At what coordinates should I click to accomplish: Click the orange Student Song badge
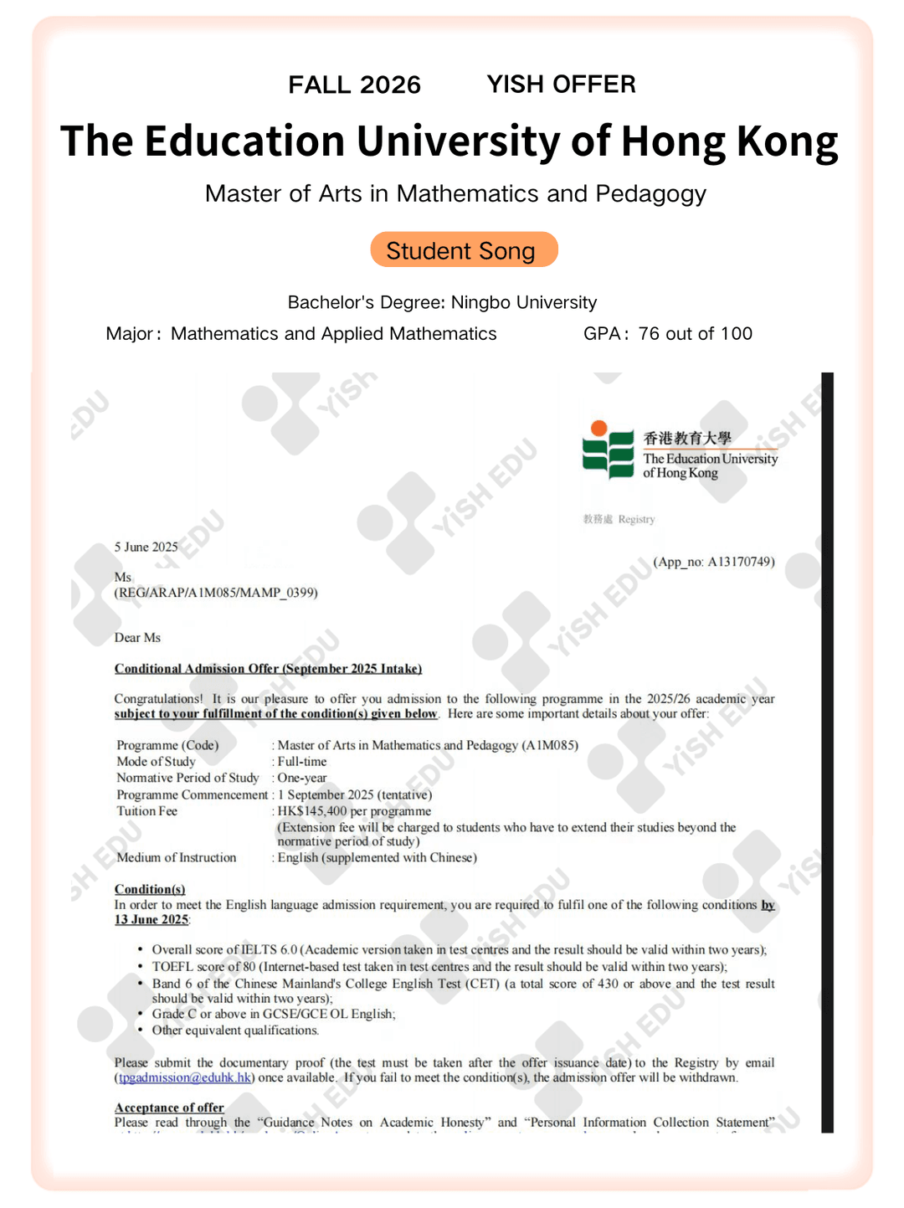[x=464, y=250]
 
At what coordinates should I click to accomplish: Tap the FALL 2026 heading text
[x=354, y=85]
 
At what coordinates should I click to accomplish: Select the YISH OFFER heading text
[x=561, y=84]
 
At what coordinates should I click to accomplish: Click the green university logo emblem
[x=609, y=451]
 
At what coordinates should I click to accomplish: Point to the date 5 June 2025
[x=146, y=547]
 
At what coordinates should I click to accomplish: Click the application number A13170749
[x=741, y=562]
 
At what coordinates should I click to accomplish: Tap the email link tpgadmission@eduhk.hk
[x=185, y=1077]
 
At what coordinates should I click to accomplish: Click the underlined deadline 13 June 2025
[x=152, y=919]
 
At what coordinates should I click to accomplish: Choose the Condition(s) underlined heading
[x=150, y=889]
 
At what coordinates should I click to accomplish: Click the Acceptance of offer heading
[x=169, y=1108]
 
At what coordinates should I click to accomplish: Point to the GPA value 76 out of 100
[x=695, y=334]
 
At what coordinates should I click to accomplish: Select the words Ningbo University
[x=524, y=302]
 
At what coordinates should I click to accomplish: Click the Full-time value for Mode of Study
[x=302, y=762]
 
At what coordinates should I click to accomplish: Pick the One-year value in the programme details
[x=302, y=778]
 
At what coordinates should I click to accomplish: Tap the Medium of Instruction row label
[x=177, y=858]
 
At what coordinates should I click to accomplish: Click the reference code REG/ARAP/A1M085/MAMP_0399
[x=217, y=593]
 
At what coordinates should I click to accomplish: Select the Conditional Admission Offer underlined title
[x=268, y=669]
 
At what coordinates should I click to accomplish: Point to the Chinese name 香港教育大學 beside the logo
[x=687, y=438]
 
